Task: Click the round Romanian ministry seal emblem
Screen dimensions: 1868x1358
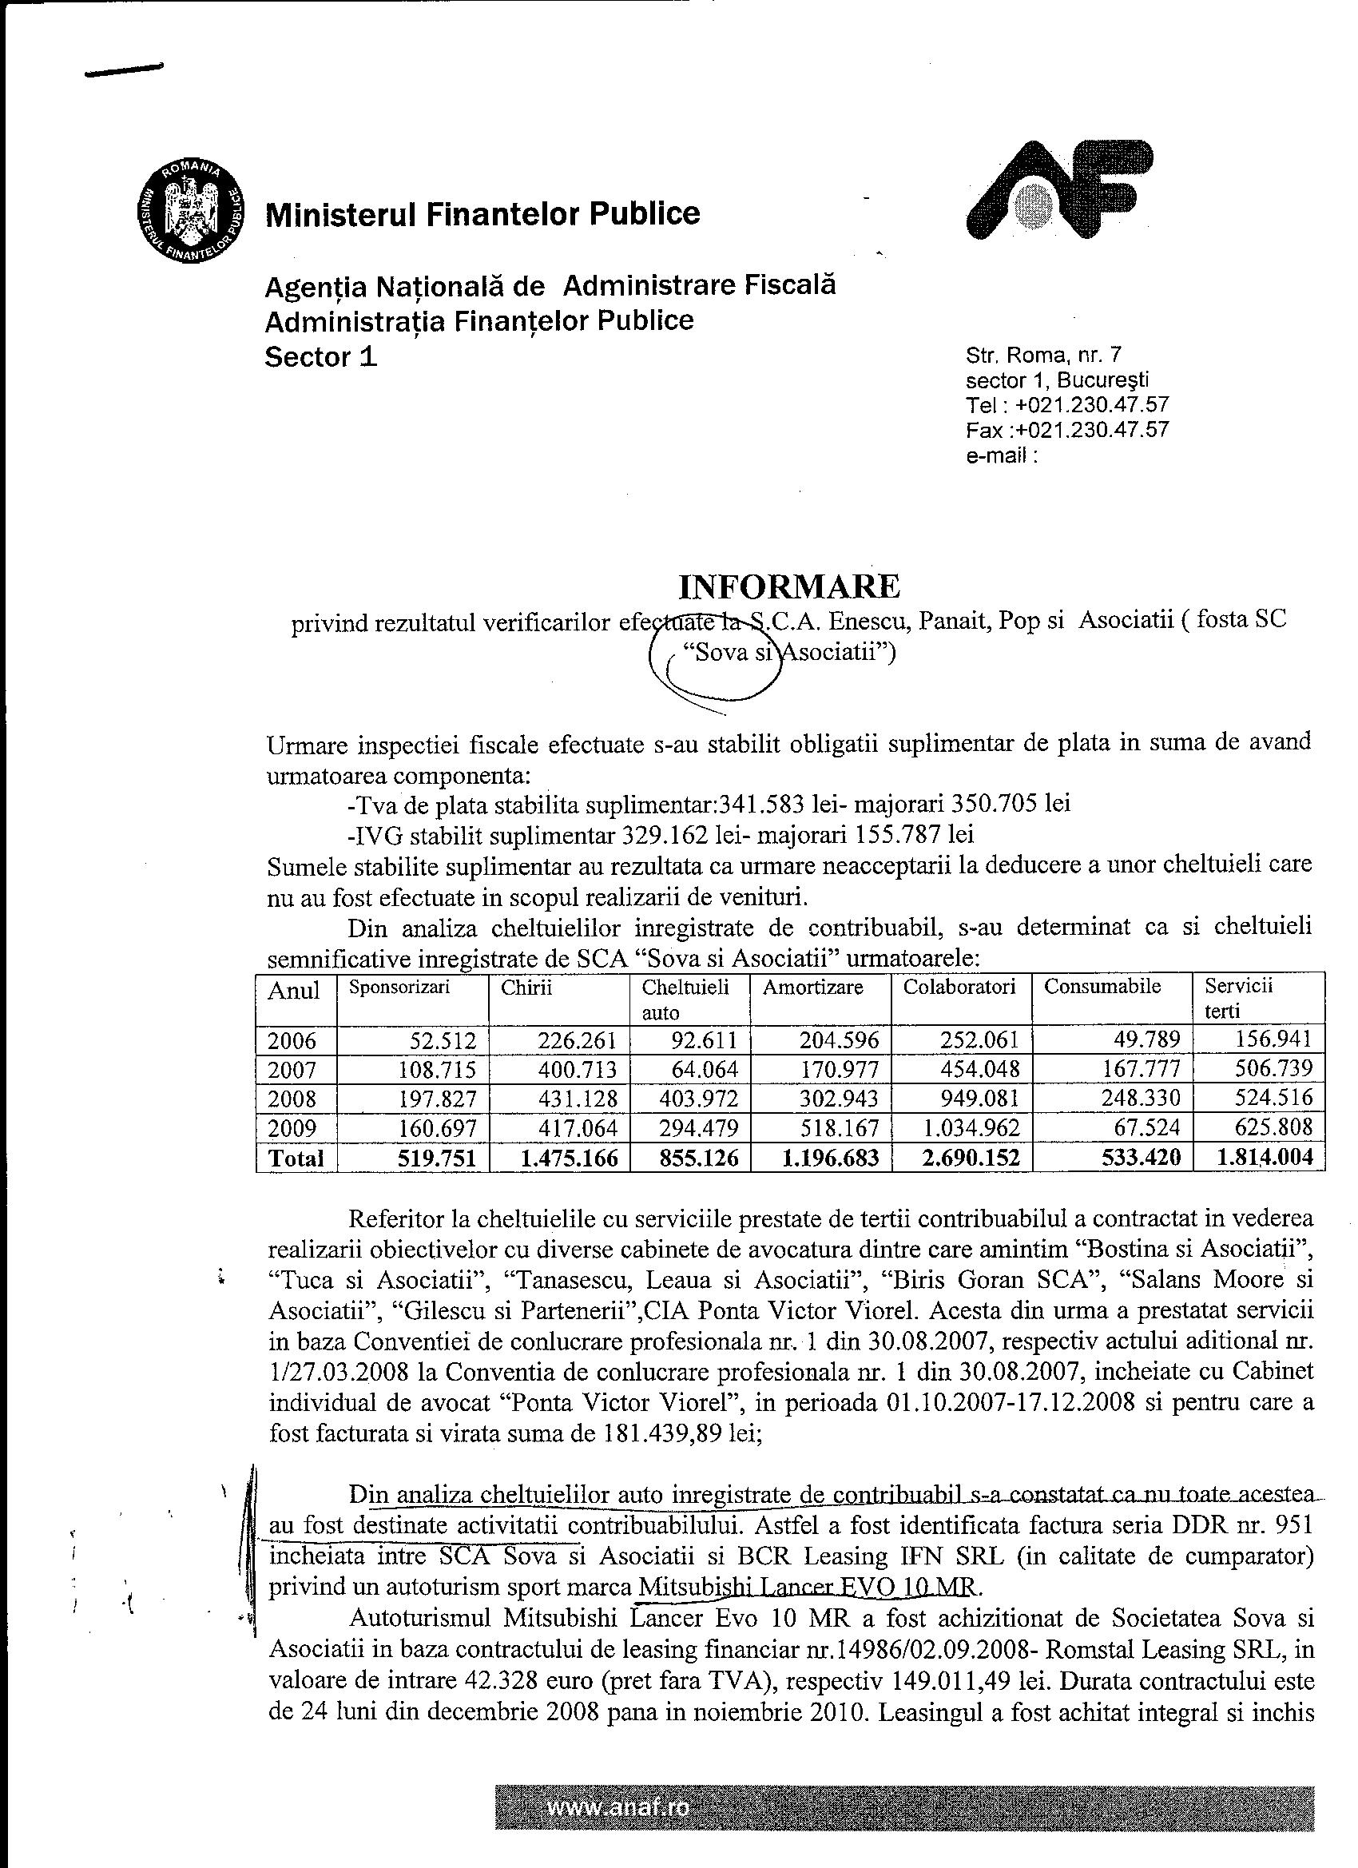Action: (191, 209)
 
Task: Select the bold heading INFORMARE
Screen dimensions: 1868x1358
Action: (788, 586)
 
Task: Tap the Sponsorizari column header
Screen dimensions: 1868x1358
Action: (399, 988)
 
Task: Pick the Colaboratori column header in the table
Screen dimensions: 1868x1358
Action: (959, 988)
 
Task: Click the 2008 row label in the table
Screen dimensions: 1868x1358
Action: (292, 1099)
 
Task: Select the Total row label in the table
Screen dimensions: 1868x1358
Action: (296, 1158)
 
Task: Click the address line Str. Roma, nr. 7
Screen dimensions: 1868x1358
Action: (1043, 356)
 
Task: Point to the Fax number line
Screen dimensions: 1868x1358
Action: (1067, 430)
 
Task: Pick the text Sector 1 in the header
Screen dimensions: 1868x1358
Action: (321, 356)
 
